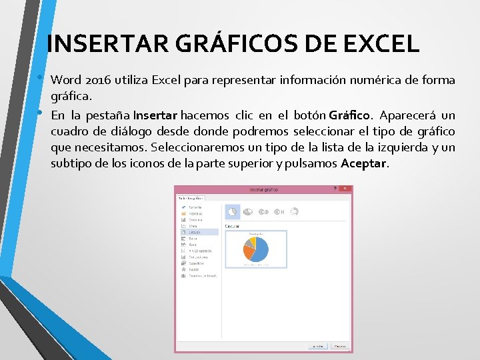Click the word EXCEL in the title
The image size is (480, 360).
click(381, 44)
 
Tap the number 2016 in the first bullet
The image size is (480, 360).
click(97, 81)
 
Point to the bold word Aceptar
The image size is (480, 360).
click(363, 164)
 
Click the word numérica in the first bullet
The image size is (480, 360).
click(369, 81)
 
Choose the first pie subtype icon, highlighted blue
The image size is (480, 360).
click(232, 211)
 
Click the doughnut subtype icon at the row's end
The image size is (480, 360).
click(294, 211)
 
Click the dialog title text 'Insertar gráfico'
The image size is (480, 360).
click(263, 189)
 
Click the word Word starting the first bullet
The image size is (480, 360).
click(65, 81)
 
